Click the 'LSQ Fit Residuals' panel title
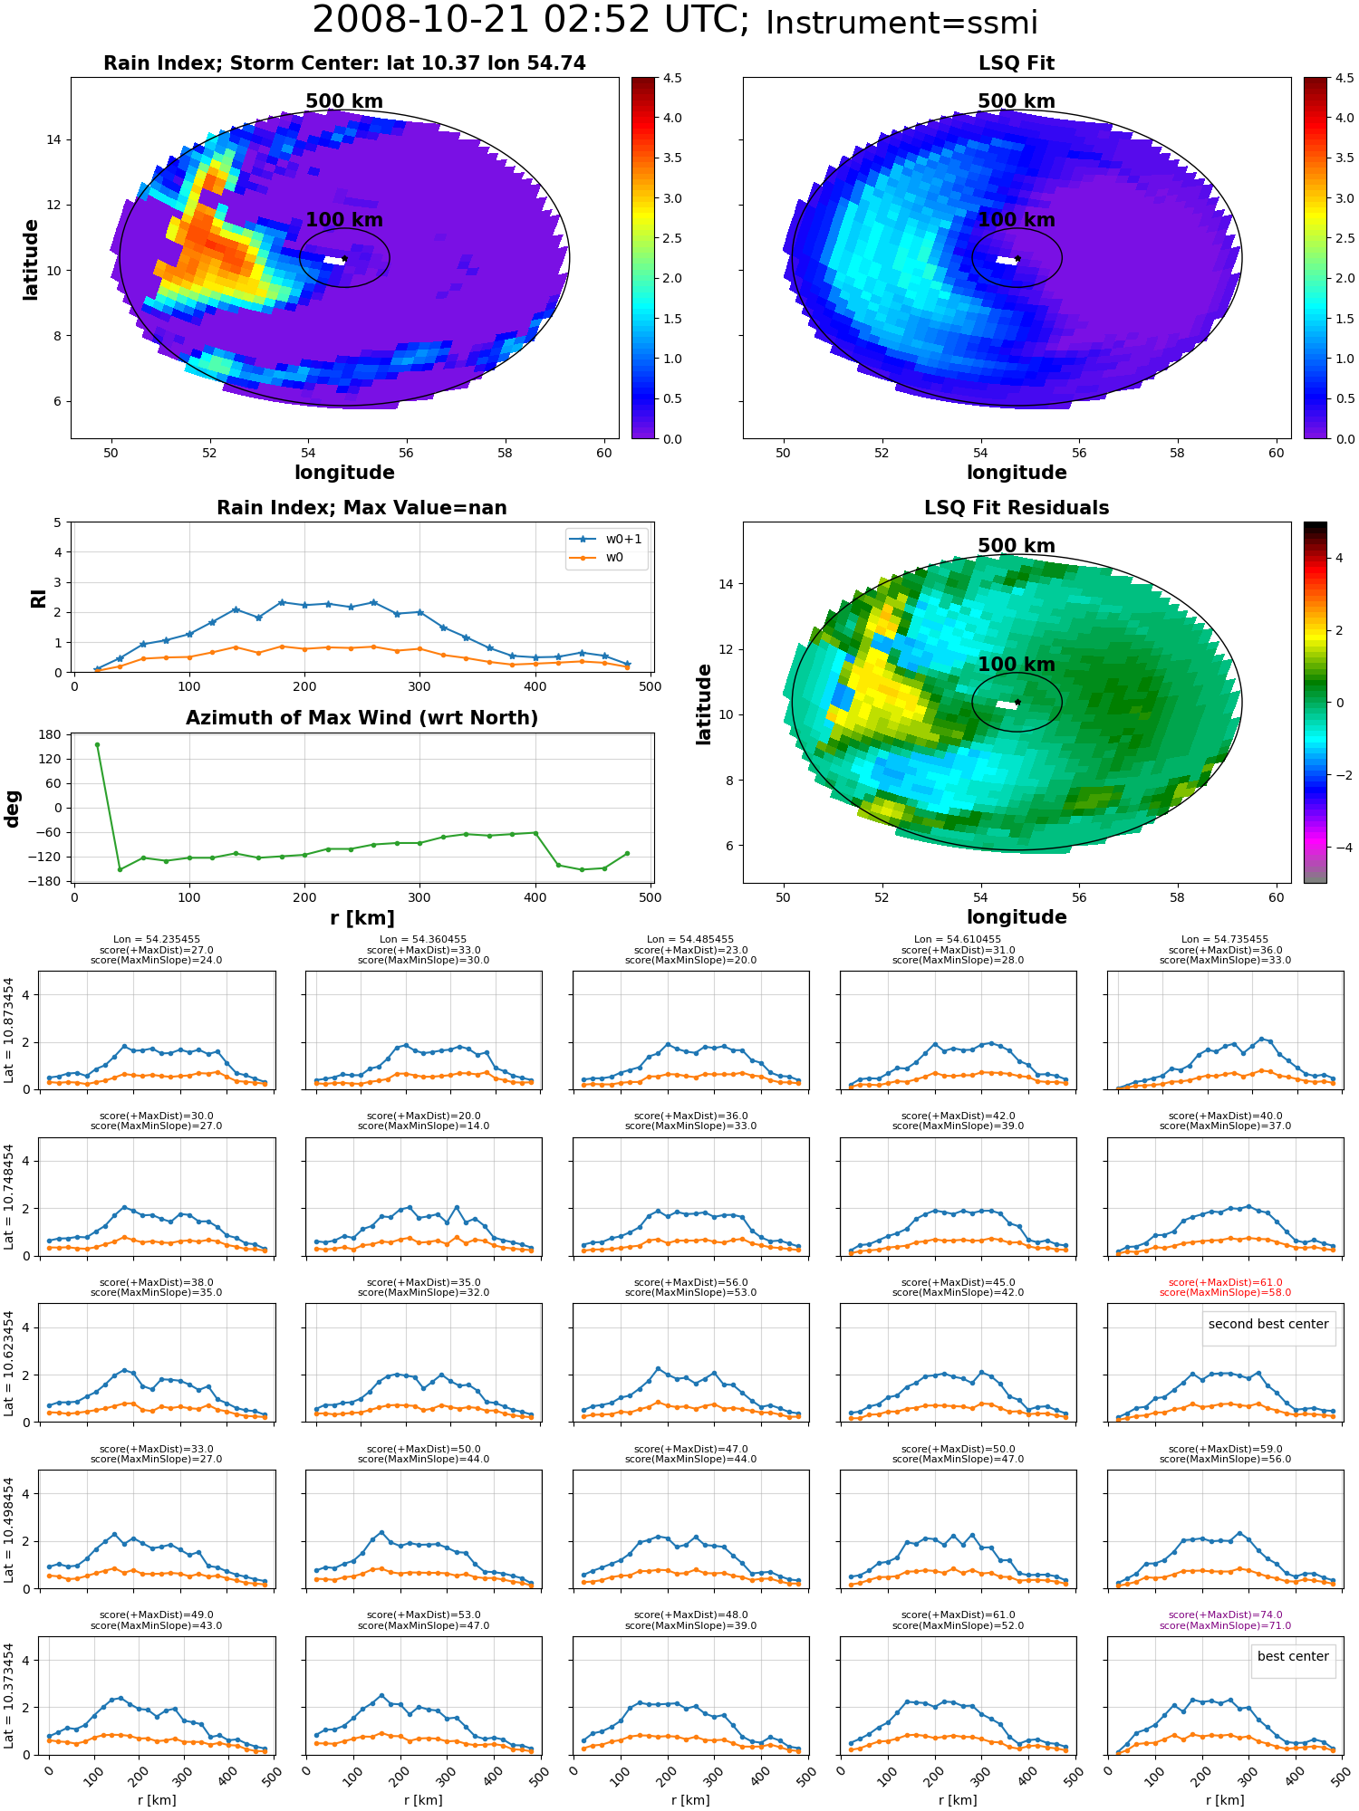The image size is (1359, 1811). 1017,508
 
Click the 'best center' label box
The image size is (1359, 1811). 1293,1656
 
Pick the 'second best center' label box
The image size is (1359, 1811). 1268,1324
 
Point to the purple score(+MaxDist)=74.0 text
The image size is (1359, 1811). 1225,1615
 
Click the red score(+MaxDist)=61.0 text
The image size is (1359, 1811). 1225,1283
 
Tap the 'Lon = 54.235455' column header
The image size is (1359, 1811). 157,940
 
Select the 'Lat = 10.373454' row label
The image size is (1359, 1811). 9,1696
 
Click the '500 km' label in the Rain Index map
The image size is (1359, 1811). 344,101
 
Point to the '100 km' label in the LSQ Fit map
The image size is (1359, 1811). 1017,220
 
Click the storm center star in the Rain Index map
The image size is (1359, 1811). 344,259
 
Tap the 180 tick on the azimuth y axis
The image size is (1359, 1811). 52,734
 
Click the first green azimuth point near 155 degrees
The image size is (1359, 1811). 97,744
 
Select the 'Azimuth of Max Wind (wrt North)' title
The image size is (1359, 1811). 361,718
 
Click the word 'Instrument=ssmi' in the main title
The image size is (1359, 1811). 901,23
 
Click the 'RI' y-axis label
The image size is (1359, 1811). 38,598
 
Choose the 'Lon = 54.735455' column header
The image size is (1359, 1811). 1225,940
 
